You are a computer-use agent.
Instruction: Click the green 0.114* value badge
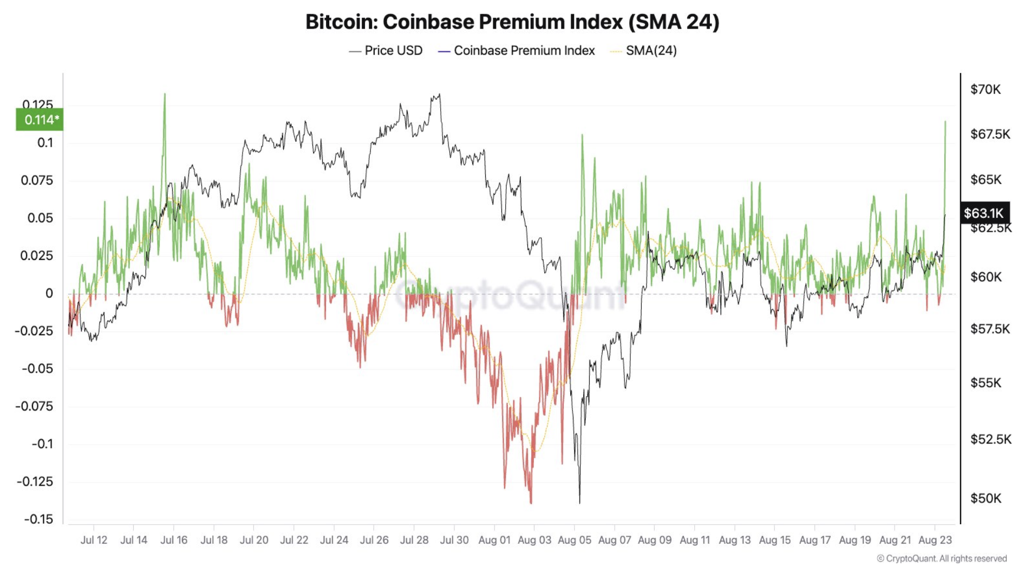(x=40, y=120)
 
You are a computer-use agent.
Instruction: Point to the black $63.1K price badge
(x=983, y=213)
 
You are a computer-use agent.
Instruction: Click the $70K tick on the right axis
(x=985, y=89)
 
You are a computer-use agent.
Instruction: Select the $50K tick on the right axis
(x=985, y=498)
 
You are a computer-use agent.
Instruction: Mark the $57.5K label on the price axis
(x=989, y=329)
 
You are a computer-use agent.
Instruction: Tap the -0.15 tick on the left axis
(x=38, y=519)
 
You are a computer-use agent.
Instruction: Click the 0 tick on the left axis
(x=49, y=293)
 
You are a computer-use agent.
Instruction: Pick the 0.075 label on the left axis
(x=37, y=180)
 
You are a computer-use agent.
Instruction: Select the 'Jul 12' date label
(x=94, y=540)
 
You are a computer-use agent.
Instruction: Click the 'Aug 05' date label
(x=574, y=540)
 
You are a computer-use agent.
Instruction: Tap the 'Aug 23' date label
(x=935, y=540)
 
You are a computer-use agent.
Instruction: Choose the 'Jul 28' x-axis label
(x=414, y=540)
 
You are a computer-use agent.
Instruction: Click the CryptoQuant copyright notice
(x=942, y=558)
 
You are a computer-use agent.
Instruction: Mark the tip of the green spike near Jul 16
(x=165, y=94)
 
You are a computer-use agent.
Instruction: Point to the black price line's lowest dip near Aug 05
(x=579, y=503)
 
